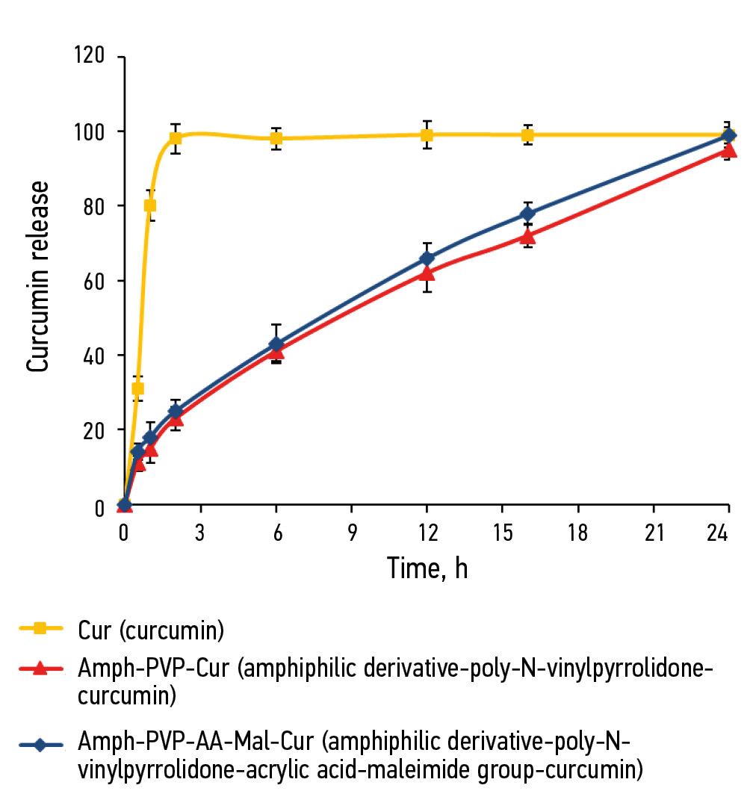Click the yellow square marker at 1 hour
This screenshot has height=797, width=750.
(150, 205)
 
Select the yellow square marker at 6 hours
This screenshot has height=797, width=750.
(276, 138)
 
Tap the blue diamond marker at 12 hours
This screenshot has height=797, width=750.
(427, 258)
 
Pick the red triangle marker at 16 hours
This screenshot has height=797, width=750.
(527, 237)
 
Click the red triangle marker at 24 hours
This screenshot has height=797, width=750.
(729, 150)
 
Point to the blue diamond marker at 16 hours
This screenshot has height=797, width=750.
(527, 214)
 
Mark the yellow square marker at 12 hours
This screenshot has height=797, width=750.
(427, 135)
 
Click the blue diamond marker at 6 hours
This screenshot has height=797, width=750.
(276, 344)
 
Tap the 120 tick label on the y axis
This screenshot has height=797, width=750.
(90, 57)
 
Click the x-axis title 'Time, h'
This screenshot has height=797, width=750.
(427, 569)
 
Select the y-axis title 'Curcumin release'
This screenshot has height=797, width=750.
(38, 277)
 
